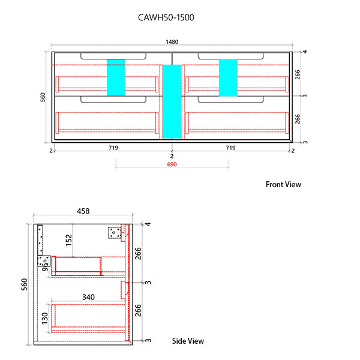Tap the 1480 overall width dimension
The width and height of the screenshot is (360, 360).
[172, 42]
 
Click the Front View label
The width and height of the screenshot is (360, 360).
[283, 184]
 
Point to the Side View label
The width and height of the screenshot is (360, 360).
[188, 341]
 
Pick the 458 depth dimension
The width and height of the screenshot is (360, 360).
[83, 211]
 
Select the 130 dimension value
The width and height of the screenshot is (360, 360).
[45, 317]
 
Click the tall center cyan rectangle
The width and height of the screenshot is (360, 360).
[172, 101]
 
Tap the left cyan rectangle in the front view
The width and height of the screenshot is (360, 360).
[115, 77]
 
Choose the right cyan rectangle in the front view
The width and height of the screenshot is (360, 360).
[228, 77]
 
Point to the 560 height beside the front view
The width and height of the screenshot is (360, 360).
[43, 97]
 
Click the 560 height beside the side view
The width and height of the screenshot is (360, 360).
[24, 284]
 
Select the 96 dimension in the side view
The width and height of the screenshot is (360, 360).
[45, 265]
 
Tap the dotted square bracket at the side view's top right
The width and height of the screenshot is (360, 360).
[115, 232]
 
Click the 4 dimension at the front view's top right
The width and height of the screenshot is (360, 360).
[305, 52]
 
